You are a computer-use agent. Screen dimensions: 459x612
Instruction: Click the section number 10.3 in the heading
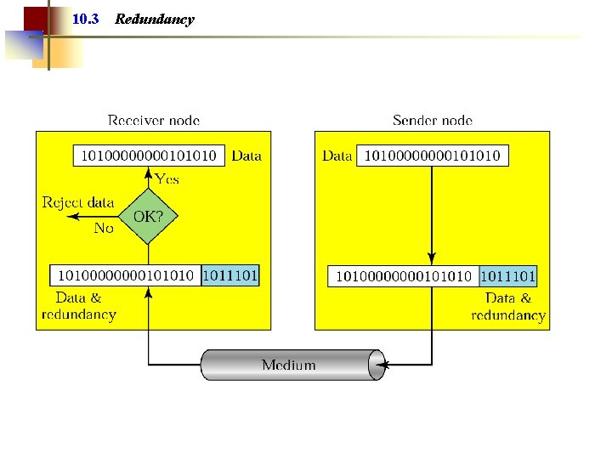point(86,19)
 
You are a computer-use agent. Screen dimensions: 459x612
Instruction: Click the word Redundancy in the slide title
point(154,19)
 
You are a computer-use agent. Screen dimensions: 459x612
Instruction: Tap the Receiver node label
point(154,121)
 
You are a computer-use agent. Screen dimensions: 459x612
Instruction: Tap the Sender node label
point(433,121)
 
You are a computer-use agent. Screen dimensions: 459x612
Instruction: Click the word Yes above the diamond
point(167,179)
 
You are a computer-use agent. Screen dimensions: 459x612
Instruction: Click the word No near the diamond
point(103,228)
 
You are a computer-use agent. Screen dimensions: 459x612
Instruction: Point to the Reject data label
point(78,202)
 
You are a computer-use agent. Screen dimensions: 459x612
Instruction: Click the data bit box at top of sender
point(433,156)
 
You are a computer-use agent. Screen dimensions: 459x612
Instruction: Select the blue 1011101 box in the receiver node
point(230,275)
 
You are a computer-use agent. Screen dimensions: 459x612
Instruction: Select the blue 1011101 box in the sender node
point(507,276)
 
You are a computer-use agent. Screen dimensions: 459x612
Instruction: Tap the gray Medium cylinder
point(289,365)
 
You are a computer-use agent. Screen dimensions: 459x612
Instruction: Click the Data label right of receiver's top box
point(246,156)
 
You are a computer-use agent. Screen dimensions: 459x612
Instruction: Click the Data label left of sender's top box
point(337,156)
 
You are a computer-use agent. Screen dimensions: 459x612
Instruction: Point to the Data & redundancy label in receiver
point(78,306)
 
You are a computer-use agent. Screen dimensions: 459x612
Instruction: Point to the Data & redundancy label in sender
point(508,307)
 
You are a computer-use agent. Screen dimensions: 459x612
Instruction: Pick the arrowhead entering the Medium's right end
point(380,365)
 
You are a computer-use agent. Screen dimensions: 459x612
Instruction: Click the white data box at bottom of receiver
point(127,275)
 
